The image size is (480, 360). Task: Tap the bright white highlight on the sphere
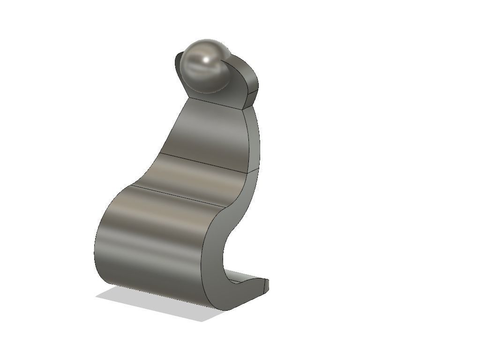pyautogui.click(x=207, y=59)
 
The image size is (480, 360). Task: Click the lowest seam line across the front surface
pyautogui.click(x=169, y=195)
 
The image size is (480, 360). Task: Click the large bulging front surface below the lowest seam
pyautogui.click(x=150, y=239)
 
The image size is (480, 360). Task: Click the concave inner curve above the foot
pyautogui.click(x=224, y=253)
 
